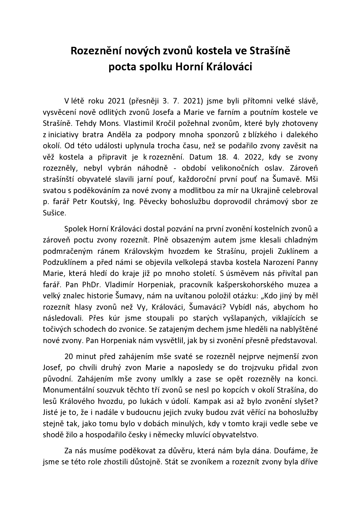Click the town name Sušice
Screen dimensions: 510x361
(54, 213)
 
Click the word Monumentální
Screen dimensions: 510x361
(69, 390)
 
